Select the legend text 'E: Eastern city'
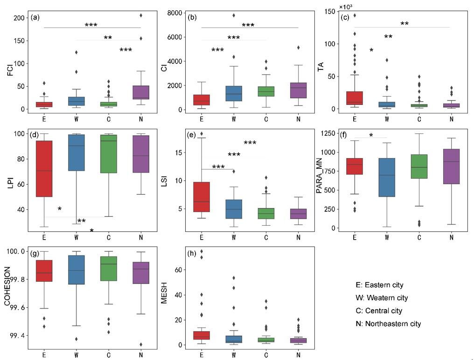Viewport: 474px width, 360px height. [379, 284]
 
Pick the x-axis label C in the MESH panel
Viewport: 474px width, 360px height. [265, 354]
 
